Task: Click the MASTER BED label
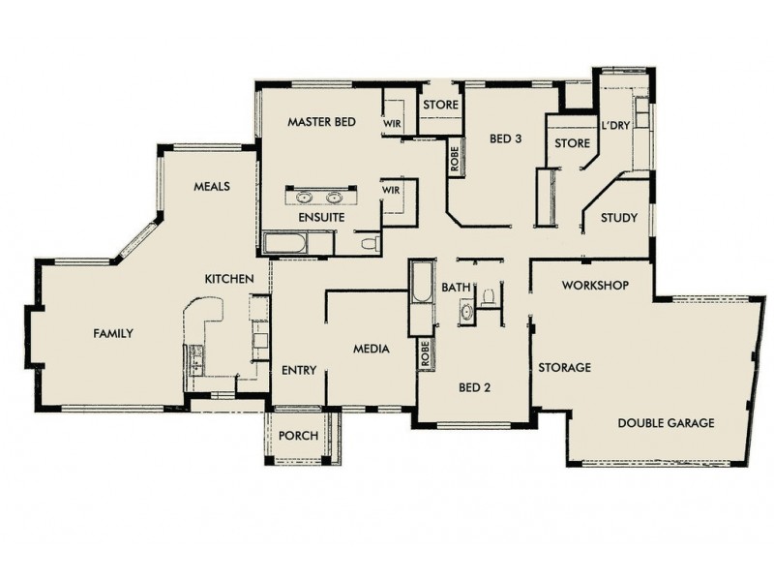tap(322, 122)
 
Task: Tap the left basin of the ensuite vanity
tap(305, 198)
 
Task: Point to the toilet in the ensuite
tap(369, 244)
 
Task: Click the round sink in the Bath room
tap(466, 313)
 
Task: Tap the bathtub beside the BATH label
tap(422, 291)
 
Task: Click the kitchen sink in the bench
tap(194, 361)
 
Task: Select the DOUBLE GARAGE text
tap(666, 423)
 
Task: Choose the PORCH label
tap(298, 436)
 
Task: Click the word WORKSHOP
tap(595, 286)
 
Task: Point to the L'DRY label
tap(615, 126)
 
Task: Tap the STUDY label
tap(618, 218)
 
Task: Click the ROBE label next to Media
tap(424, 354)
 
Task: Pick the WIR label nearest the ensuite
tap(391, 191)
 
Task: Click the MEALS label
tap(211, 187)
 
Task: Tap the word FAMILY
tap(112, 333)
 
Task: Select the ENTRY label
tap(299, 370)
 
